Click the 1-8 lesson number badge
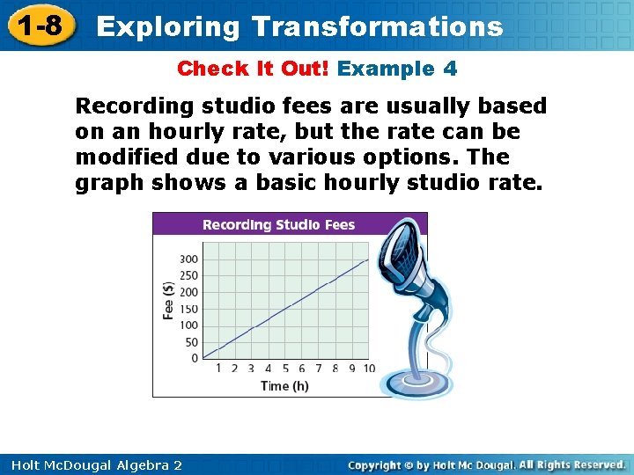coord(40,25)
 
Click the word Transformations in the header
coord(377,26)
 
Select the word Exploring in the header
coord(167,26)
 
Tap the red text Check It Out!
coord(254,69)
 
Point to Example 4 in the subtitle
coord(397,69)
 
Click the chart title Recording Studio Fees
coord(278,224)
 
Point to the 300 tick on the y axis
coord(188,259)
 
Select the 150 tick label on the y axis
coord(188,309)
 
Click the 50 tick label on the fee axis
coord(191,342)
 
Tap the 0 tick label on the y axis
coord(195,358)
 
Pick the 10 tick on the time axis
coord(368,369)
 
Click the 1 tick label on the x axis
coord(218,369)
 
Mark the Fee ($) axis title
coord(167,301)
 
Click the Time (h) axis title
coord(284,385)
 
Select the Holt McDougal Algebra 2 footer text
coord(92,464)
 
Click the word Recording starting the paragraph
coord(134,106)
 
